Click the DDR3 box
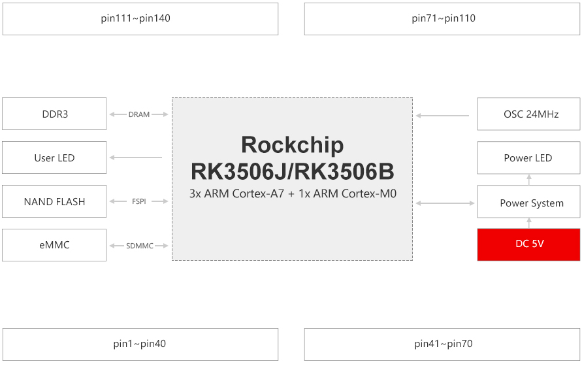click(x=54, y=114)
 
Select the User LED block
click(x=54, y=158)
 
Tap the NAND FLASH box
click(x=54, y=202)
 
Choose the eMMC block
click(x=54, y=245)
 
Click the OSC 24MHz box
click(x=528, y=114)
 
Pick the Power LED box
click(x=528, y=158)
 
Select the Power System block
click(x=528, y=203)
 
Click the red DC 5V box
click(x=528, y=244)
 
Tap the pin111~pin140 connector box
click(x=140, y=18)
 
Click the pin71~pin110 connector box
click(x=442, y=18)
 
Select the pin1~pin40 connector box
click(x=140, y=344)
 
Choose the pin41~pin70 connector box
click(x=442, y=344)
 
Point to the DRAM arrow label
click(x=139, y=114)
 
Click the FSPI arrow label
click(x=139, y=202)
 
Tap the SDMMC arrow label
click(x=139, y=246)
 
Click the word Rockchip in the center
click(x=292, y=144)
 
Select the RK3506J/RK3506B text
click(x=292, y=171)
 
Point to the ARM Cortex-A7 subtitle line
click(x=292, y=194)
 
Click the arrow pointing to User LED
click(x=136, y=158)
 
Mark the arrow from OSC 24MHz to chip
click(x=443, y=116)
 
